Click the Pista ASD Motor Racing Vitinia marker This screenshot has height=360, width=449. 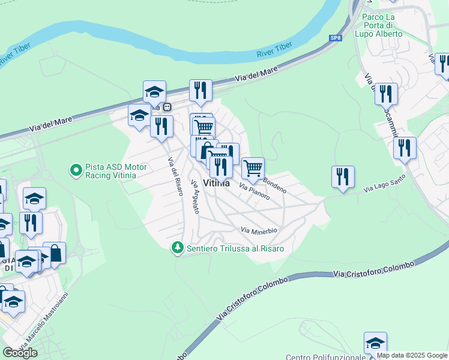[x=76, y=171]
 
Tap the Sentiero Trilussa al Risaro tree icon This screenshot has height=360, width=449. [x=177, y=248]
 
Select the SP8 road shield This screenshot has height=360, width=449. [x=336, y=38]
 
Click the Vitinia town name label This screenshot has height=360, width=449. [x=217, y=184]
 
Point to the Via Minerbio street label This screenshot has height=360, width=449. [x=259, y=230]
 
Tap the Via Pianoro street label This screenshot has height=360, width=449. [x=255, y=191]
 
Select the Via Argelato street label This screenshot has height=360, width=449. [x=194, y=197]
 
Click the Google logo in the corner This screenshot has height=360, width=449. [x=20, y=353]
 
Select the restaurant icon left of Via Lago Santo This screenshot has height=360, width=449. [x=343, y=176]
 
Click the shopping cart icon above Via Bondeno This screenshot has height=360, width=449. [x=253, y=168]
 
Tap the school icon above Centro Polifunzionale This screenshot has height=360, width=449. [x=375, y=343]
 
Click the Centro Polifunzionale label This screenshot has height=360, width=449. [x=325, y=357]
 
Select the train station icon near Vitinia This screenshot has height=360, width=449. [x=167, y=107]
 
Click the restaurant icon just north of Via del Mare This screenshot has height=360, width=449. [x=200, y=91]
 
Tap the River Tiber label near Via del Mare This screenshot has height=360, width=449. [x=274, y=50]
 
